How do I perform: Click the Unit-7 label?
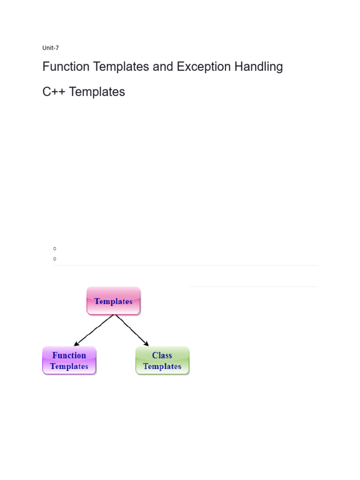tap(51, 48)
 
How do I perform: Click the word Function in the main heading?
tap(66, 67)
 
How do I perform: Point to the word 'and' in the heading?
tap(163, 67)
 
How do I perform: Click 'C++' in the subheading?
tap(54, 92)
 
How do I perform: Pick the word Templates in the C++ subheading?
tap(97, 92)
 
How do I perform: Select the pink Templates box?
tap(113, 301)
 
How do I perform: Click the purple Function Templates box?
tap(69, 360)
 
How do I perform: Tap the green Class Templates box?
tap(162, 360)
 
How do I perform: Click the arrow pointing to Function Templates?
tap(94, 330)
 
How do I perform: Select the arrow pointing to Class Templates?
tap(132, 330)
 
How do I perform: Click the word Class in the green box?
tap(162, 355)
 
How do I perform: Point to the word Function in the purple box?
tap(69, 355)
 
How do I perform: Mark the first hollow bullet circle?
tap(55, 248)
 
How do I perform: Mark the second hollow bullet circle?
tap(55, 258)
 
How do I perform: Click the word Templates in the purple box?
tap(69, 367)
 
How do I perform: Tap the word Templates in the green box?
tap(162, 367)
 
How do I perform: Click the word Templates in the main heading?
tap(121, 67)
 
